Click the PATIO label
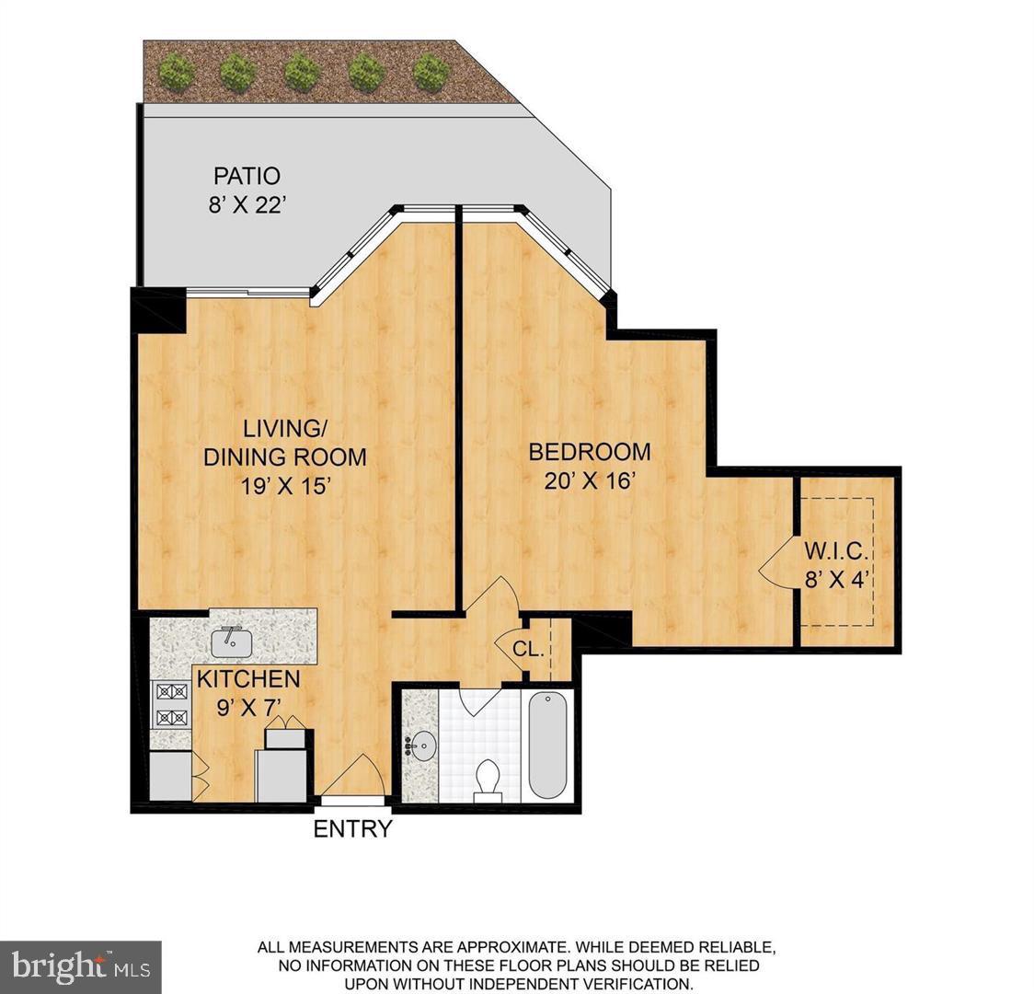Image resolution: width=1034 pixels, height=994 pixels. coord(247,175)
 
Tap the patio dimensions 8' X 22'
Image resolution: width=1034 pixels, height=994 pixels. coord(247,204)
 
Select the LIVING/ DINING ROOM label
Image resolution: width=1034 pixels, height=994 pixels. coord(284,442)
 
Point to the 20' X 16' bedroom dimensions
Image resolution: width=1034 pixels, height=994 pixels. coord(590,480)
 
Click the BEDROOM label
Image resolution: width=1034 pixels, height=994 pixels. coord(590,452)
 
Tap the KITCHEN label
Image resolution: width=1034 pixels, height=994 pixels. coord(249,679)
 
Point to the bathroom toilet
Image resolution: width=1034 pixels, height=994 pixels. coord(487,781)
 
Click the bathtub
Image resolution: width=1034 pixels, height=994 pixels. coord(548,745)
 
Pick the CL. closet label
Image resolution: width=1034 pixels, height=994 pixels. coord(528,649)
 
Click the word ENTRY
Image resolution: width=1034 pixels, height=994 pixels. coord(352,829)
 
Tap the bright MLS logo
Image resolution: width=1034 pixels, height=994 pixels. coord(81,965)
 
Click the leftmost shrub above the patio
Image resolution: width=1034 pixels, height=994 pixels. coord(177,71)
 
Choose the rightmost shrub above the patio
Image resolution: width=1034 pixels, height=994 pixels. coord(431,71)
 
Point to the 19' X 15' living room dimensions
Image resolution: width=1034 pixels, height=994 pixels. coord(284,486)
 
